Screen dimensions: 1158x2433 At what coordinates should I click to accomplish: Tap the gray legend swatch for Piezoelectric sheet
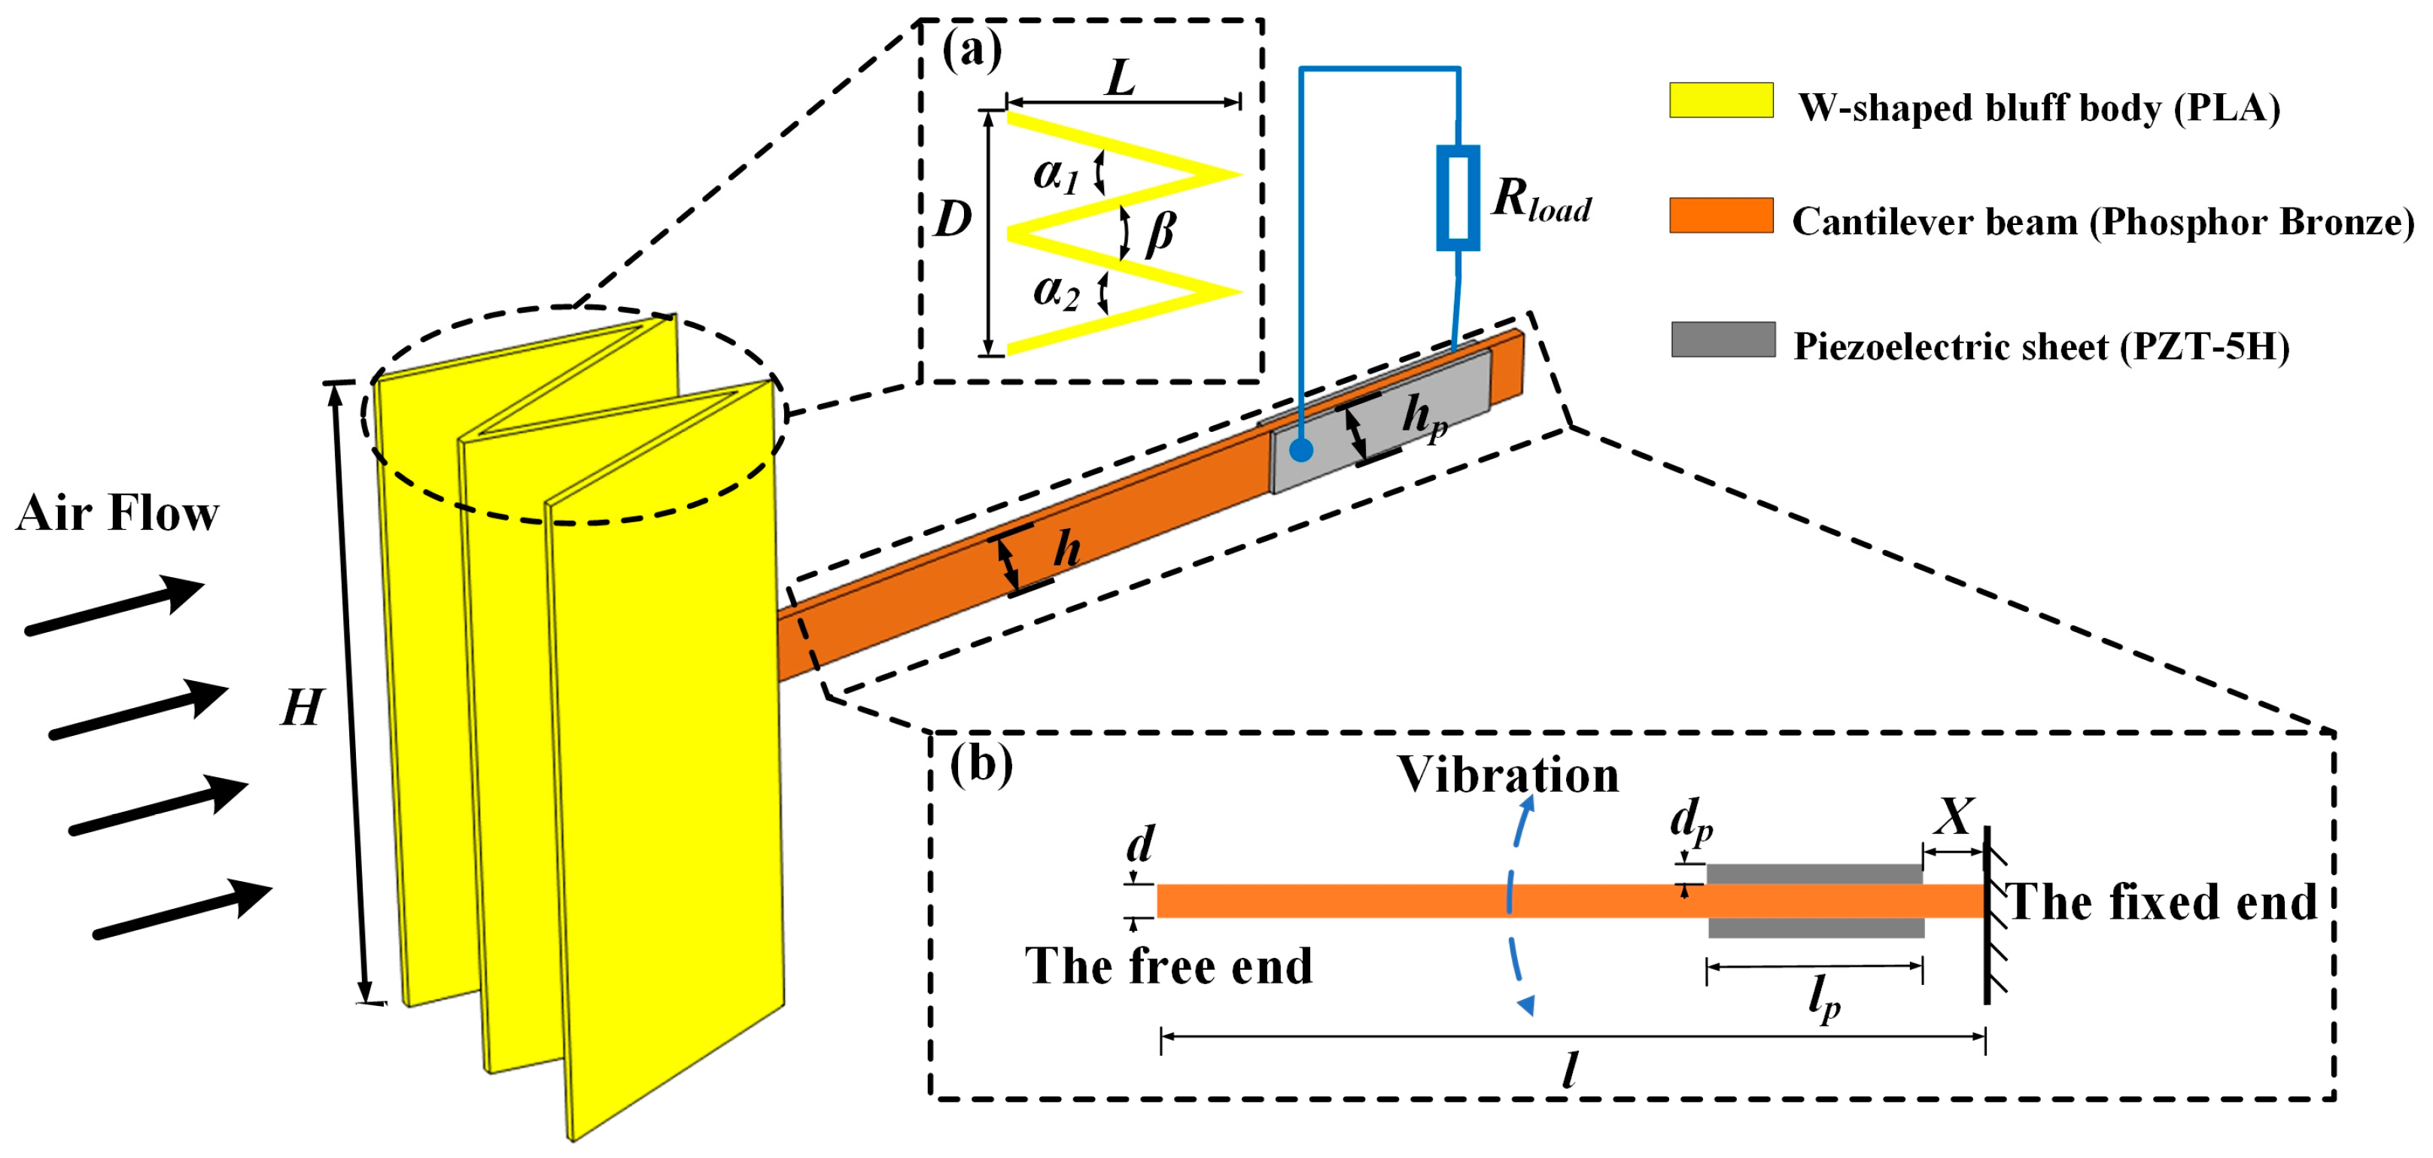(x=1722, y=339)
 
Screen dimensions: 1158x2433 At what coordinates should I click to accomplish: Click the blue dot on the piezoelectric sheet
(x=1300, y=450)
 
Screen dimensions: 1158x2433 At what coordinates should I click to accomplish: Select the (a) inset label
(x=971, y=50)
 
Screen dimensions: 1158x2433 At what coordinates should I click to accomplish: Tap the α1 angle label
(x=1055, y=174)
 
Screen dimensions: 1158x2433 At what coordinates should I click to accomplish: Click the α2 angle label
(x=1055, y=291)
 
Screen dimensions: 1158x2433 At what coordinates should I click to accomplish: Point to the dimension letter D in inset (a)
(x=952, y=219)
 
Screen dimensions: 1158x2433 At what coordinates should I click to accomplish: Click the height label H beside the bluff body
(x=303, y=707)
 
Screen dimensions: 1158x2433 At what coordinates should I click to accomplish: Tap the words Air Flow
(x=117, y=514)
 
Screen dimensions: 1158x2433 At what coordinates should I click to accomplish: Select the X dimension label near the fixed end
(x=1952, y=817)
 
